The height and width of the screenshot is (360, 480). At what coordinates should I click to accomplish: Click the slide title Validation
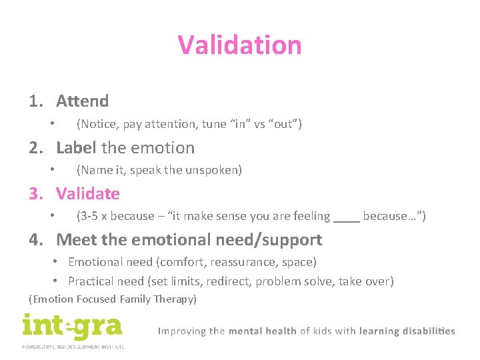[x=239, y=45]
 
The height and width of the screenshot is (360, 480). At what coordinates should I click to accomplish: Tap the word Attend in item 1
[x=82, y=101]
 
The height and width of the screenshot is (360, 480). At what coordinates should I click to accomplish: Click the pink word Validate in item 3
[x=87, y=194]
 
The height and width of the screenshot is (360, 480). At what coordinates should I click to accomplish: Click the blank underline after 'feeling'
[x=346, y=217]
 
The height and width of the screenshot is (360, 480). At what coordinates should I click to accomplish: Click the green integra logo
[x=72, y=328]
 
